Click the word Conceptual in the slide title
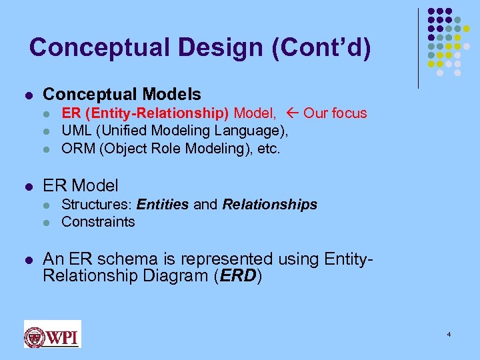(91, 47)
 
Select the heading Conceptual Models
(121, 95)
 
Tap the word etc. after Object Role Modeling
(269, 148)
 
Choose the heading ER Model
(81, 185)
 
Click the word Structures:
(97, 205)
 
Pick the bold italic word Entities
(163, 205)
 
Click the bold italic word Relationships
(270, 205)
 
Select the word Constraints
(98, 222)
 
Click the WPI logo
(52, 334)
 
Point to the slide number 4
(449, 334)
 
